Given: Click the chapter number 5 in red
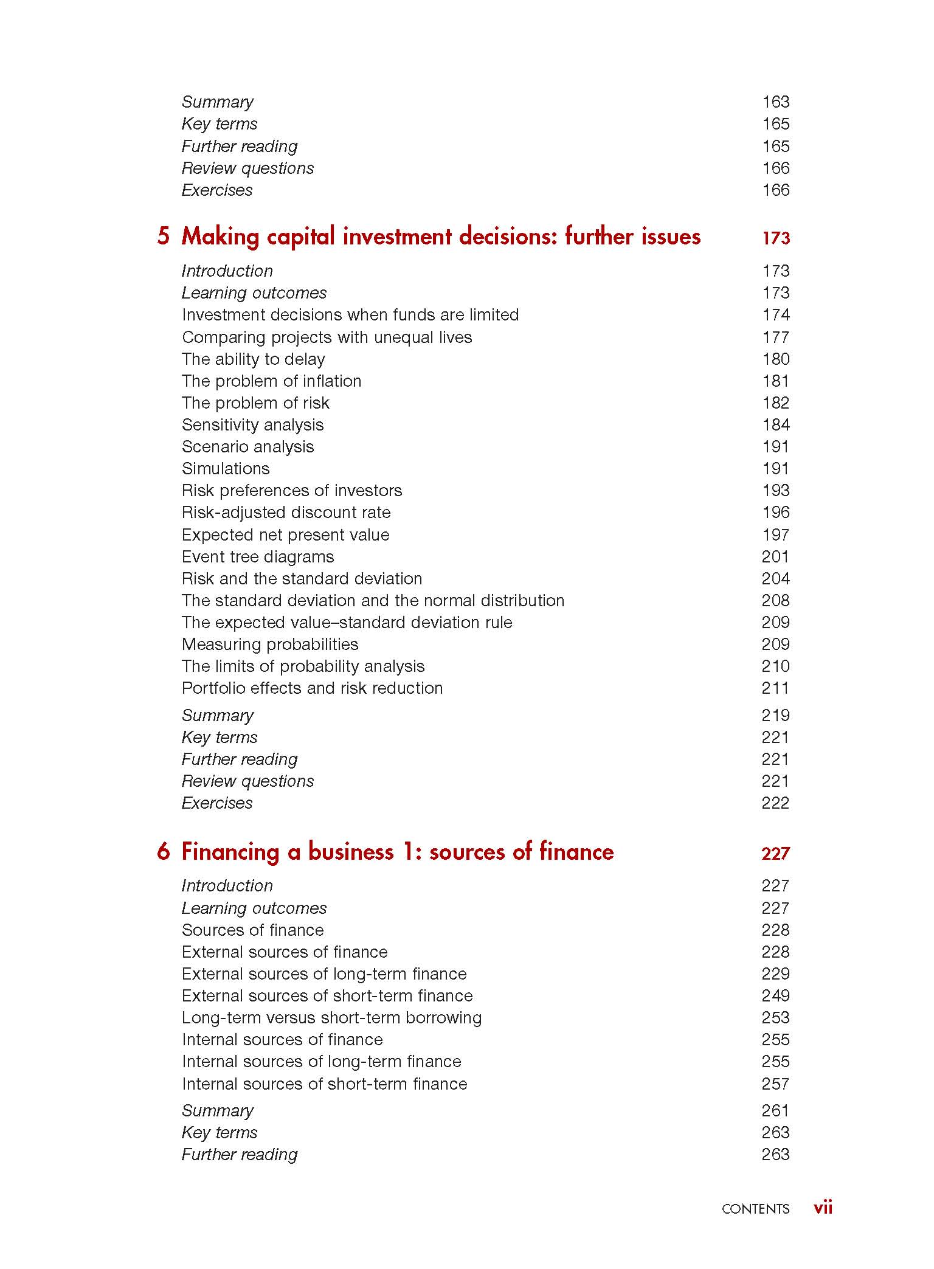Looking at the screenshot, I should [x=163, y=236].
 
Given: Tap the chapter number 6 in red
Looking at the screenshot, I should [x=163, y=851].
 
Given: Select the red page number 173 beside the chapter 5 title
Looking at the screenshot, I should [x=776, y=238].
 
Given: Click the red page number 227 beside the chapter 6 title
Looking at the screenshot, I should [x=775, y=854].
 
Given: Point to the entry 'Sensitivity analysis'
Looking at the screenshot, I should [x=252, y=424].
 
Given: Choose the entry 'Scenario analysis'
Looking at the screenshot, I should [x=247, y=446].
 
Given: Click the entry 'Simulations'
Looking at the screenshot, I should [x=226, y=468].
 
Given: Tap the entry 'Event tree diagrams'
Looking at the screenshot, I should [x=258, y=556].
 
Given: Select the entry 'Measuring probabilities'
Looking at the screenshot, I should [x=270, y=644].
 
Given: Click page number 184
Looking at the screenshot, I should [x=776, y=424].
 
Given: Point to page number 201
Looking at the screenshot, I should [x=775, y=556].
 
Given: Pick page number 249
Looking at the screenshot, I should [x=775, y=995].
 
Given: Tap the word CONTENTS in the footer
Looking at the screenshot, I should [x=755, y=1209].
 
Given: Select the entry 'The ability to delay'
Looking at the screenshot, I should [x=253, y=359].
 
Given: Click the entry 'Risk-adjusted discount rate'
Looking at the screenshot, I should [x=286, y=512].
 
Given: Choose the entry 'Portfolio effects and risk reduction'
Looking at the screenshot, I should [x=312, y=688].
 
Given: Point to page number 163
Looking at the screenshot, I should [x=776, y=102].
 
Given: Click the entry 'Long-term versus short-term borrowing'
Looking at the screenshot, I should [x=331, y=1017].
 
